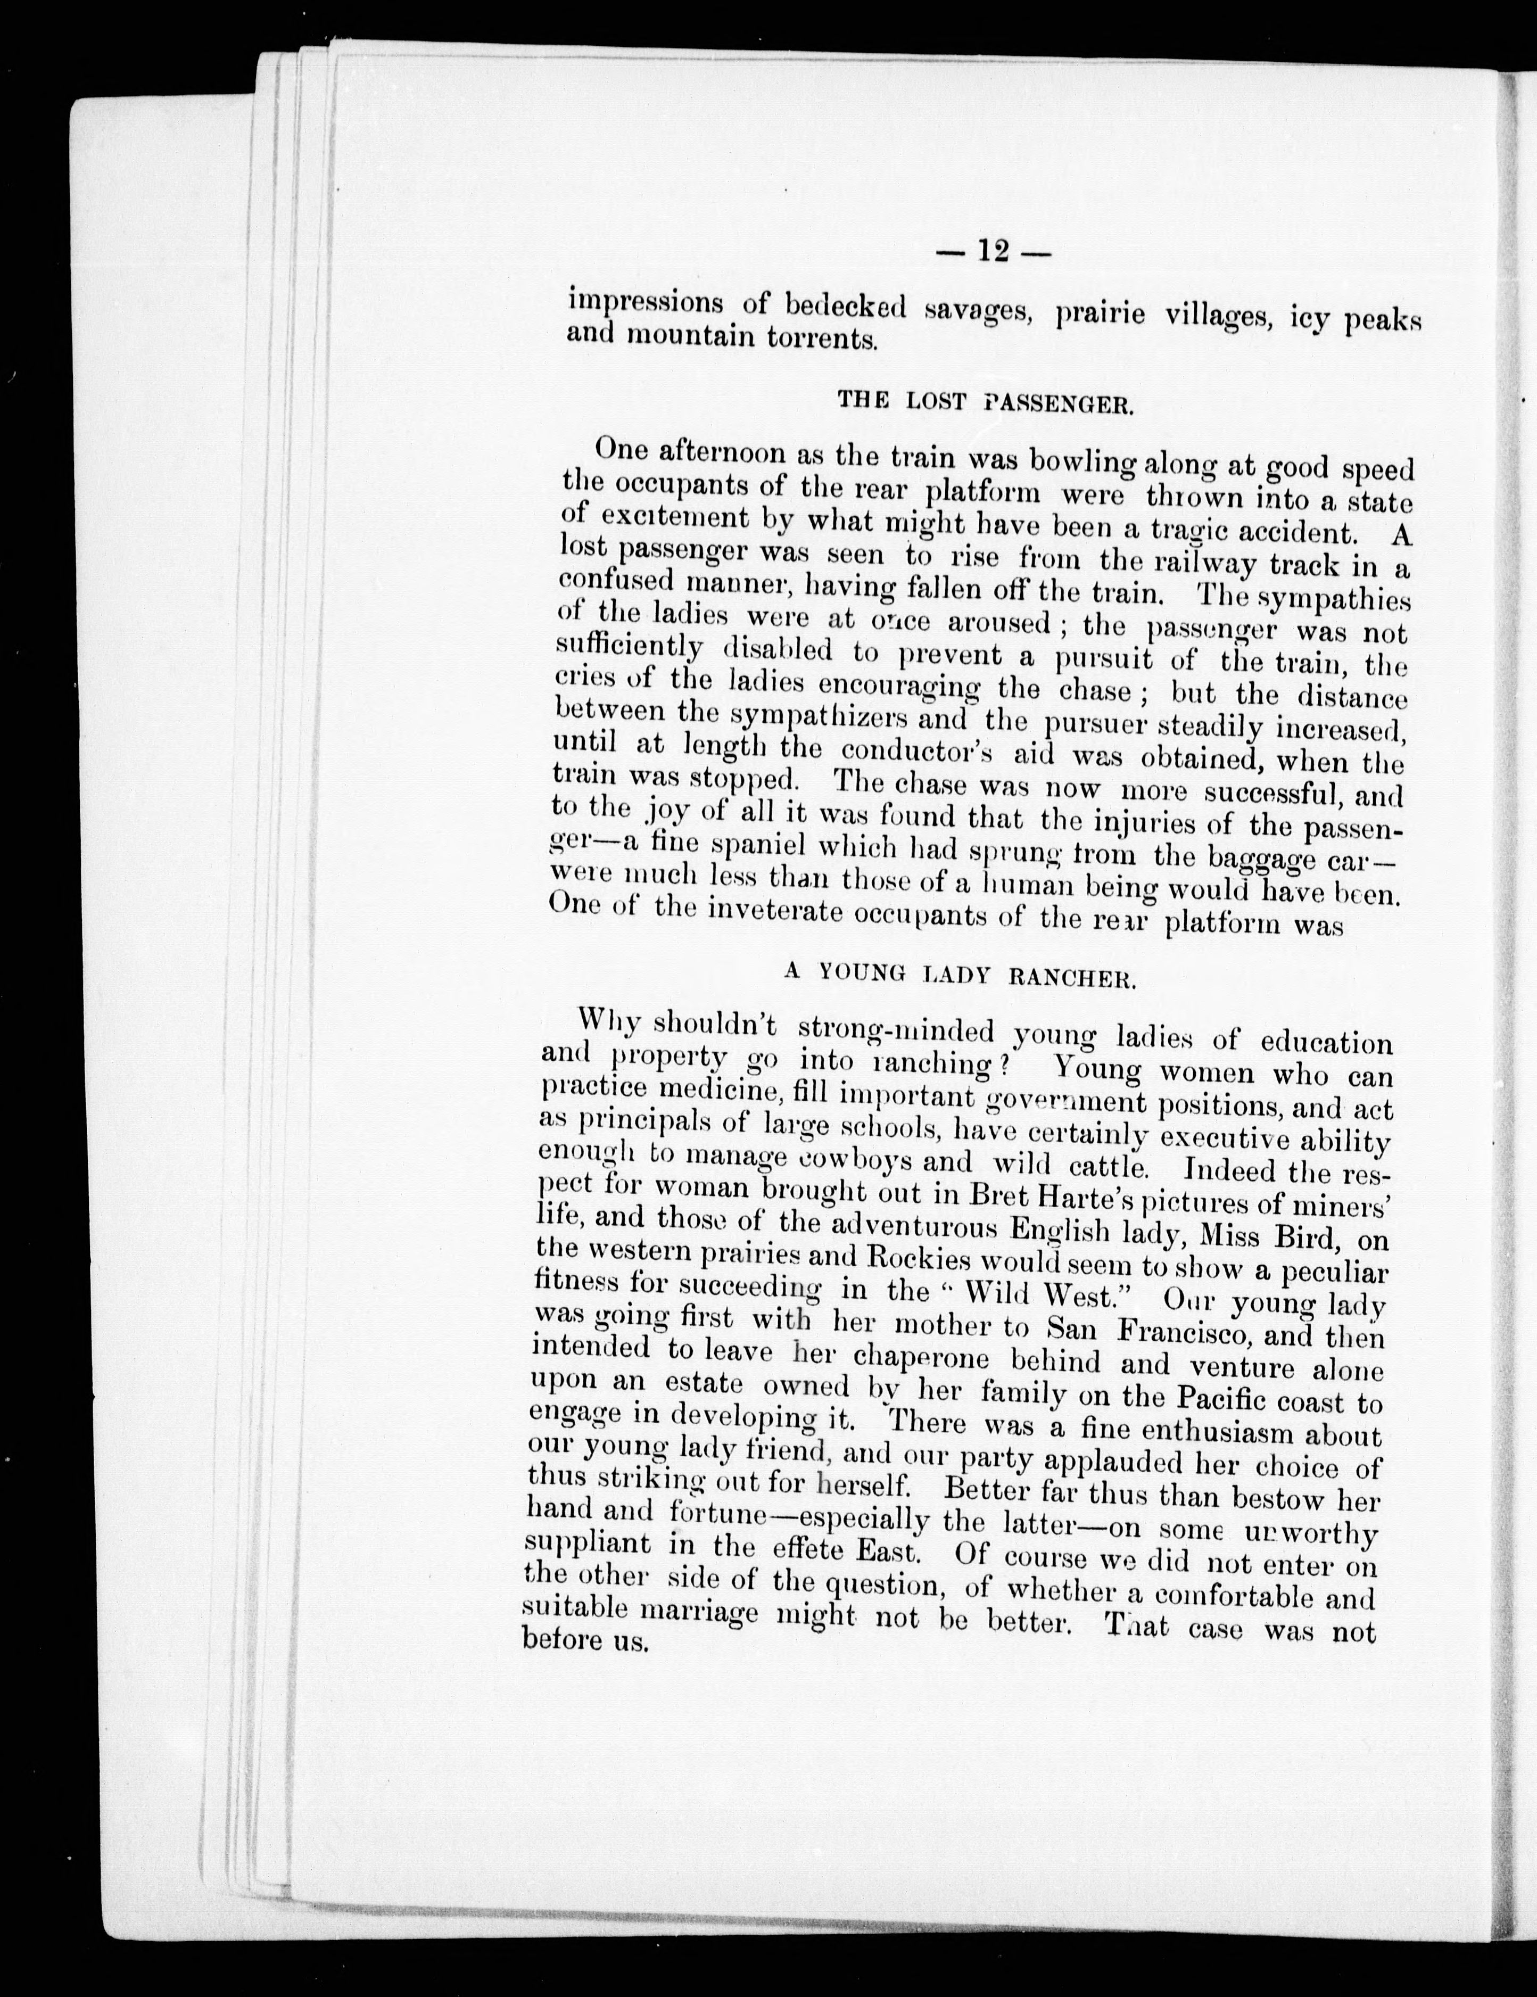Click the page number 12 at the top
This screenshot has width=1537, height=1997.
coord(992,251)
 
